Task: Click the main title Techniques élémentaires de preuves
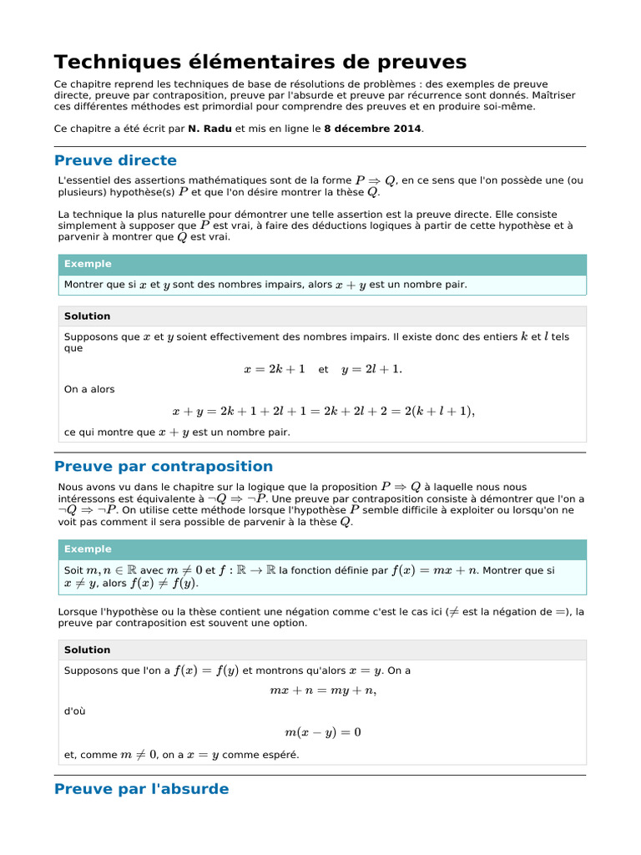(x=260, y=62)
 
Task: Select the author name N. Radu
(x=209, y=129)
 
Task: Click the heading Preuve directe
(x=115, y=160)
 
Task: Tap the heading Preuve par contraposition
(x=163, y=466)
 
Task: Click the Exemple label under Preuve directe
(x=88, y=264)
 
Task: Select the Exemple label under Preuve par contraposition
(x=88, y=549)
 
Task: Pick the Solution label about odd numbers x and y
(x=87, y=316)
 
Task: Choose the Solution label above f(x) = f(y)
(x=87, y=650)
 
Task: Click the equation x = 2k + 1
(x=274, y=369)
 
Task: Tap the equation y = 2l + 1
(x=371, y=369)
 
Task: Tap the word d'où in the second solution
(x=74, y=711)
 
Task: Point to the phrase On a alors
(x=89, y=389)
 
